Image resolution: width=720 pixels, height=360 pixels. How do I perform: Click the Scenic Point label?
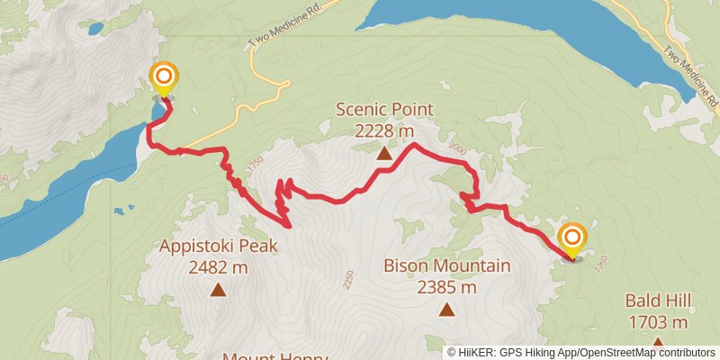pyautogui.click(x=384, y=110)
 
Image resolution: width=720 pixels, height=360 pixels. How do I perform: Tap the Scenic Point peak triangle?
pyautogui.click(x=384, y=154)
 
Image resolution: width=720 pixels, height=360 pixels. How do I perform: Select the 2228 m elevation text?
pyautogui.click(x=384, y=131)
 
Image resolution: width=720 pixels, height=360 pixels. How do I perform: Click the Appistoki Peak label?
pyautogui.click(x=218, y=246)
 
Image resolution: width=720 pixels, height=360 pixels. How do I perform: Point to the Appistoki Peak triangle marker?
pyautogui.click(x=218, y=289)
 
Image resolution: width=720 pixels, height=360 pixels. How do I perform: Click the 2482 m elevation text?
pyautogui.click(x=218, y=266)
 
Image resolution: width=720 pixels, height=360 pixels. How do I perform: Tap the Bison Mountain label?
pyautogui.click(x=446, y=265)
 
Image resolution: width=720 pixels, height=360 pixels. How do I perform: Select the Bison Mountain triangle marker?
pyautogui.click(x=446, y=310)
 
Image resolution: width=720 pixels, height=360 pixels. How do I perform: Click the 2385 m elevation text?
pyautogui.click(x=446, y=287)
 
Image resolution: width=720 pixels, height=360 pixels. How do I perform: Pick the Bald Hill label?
pyautogui.click(x=658, y=301)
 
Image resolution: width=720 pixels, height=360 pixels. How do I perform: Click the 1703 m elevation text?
pyautogui.click(x=658, y=321)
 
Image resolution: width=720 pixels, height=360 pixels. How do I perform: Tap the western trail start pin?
pyautogui.click(x=163, y=78)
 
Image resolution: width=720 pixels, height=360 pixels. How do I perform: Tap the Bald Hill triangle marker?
pyautogui.click(x=658, y=343)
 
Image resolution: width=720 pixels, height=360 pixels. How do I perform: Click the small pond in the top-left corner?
pyautogui.click(x=95, y=28)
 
